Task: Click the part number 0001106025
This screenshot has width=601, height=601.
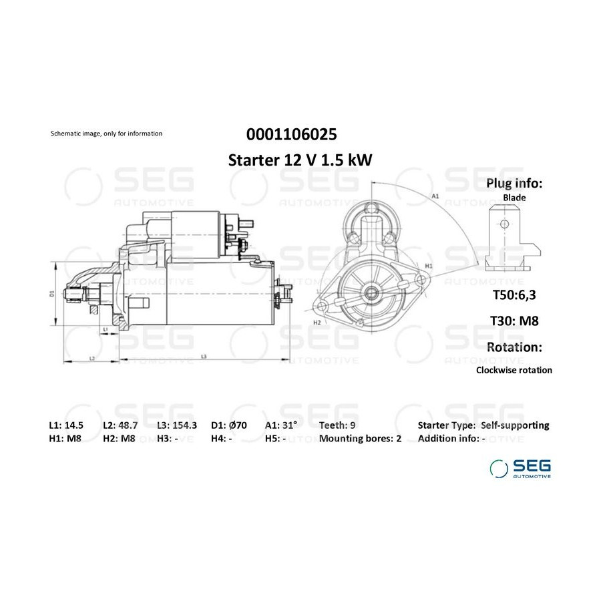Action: click(x=291, y=134)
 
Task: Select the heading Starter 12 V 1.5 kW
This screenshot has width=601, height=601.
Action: click(x=300, y=160)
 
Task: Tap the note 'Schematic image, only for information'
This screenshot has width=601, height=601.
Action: click(x=107, y=134)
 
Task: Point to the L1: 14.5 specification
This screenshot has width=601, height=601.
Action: click(x=66, y=425)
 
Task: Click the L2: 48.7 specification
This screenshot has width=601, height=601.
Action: click(x=120, y=425)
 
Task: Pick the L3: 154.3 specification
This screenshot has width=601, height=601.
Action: click(x=177, y=425)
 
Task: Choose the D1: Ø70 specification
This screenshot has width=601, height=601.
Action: click(x=229, y=425)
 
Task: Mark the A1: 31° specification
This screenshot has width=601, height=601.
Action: click(x=281, y=425)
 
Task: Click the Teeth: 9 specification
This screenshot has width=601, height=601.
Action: click(x=337, y=425)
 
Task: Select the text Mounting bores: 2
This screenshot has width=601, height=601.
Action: click(x=361, y=439)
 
